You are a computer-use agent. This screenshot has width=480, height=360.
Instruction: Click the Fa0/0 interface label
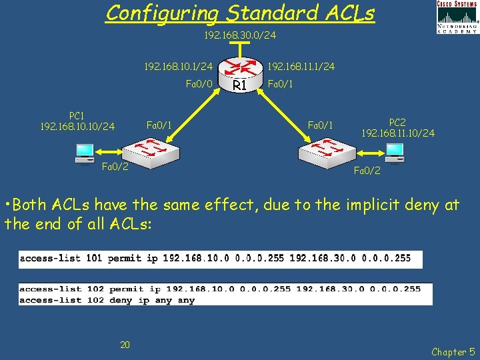[199, 84]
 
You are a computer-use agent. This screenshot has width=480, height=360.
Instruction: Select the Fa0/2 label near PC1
[115, 166]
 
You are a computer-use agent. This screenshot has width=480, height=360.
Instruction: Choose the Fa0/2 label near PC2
[367, 171]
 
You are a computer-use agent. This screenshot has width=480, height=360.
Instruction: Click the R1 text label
[240, 86]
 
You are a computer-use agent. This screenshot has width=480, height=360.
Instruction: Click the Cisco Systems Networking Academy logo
[457, 17]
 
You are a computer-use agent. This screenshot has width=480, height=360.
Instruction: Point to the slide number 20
[125, 344]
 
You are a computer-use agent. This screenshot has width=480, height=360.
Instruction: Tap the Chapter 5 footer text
[453, 351]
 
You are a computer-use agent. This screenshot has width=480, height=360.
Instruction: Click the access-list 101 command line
[220, 258]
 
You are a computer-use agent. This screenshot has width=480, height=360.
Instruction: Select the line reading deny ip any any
[107, 300]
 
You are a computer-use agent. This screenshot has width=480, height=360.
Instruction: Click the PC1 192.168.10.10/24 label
[77, 121]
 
